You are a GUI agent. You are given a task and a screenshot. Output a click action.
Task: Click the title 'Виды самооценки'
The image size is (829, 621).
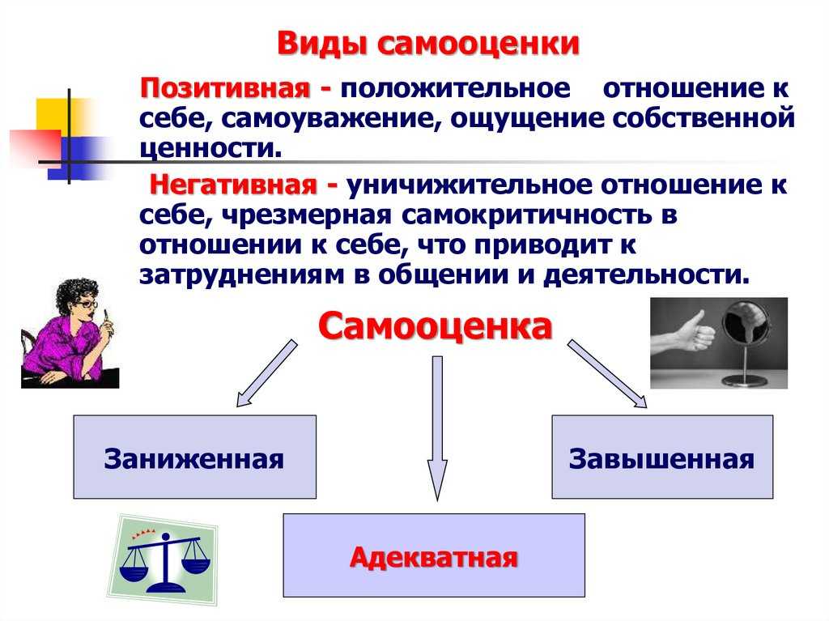point(428,44)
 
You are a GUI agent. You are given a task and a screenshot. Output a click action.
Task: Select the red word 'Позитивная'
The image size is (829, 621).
point(225,87)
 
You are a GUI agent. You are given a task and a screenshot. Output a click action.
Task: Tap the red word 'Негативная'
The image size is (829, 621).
point(233,185)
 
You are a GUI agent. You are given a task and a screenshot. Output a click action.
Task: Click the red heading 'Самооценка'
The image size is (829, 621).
point(435,326)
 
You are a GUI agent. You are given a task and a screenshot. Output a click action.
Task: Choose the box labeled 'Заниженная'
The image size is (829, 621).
point(194,457)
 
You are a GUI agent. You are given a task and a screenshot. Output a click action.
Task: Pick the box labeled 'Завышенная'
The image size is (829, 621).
point(662,457)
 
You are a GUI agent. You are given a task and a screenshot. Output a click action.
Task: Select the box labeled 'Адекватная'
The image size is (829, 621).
point(434,555)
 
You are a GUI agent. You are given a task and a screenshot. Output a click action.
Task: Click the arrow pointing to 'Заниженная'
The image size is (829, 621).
point(266,373)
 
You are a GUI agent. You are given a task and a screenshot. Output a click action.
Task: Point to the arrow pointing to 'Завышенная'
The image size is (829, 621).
point(607,374)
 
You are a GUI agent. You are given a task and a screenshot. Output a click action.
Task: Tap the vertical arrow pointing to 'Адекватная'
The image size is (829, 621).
point(437,428)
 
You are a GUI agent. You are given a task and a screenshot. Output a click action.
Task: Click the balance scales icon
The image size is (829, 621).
point(164,562)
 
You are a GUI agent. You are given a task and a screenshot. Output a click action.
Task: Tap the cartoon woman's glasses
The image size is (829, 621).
point(87,304)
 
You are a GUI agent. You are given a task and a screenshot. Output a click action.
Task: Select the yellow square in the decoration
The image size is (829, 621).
point(58,117)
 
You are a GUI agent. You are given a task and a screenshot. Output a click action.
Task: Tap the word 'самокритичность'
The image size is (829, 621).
point(528,216)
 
